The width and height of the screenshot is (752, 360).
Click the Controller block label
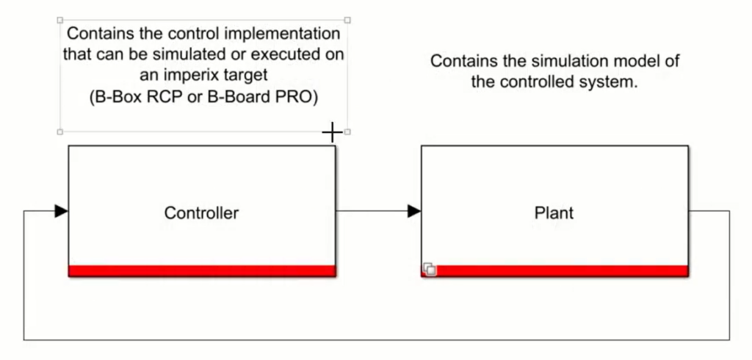click(201, 213)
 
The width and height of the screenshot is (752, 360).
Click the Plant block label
click(554, 213)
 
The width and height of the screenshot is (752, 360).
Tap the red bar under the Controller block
click(201, 271)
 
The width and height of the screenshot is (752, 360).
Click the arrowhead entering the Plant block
click(414, 212)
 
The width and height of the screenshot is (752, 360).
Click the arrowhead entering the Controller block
click(62, 212)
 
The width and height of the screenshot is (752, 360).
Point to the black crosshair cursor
click(332, 132)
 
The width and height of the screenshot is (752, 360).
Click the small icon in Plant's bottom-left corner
click(430, 270)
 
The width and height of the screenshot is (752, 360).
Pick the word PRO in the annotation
click(303, 97)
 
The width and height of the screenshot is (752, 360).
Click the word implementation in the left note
click(289, 35)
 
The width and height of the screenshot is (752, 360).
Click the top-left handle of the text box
click(59, 20)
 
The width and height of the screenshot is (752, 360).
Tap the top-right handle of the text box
click(347, 20)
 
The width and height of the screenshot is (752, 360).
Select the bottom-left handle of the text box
click(59, 132)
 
